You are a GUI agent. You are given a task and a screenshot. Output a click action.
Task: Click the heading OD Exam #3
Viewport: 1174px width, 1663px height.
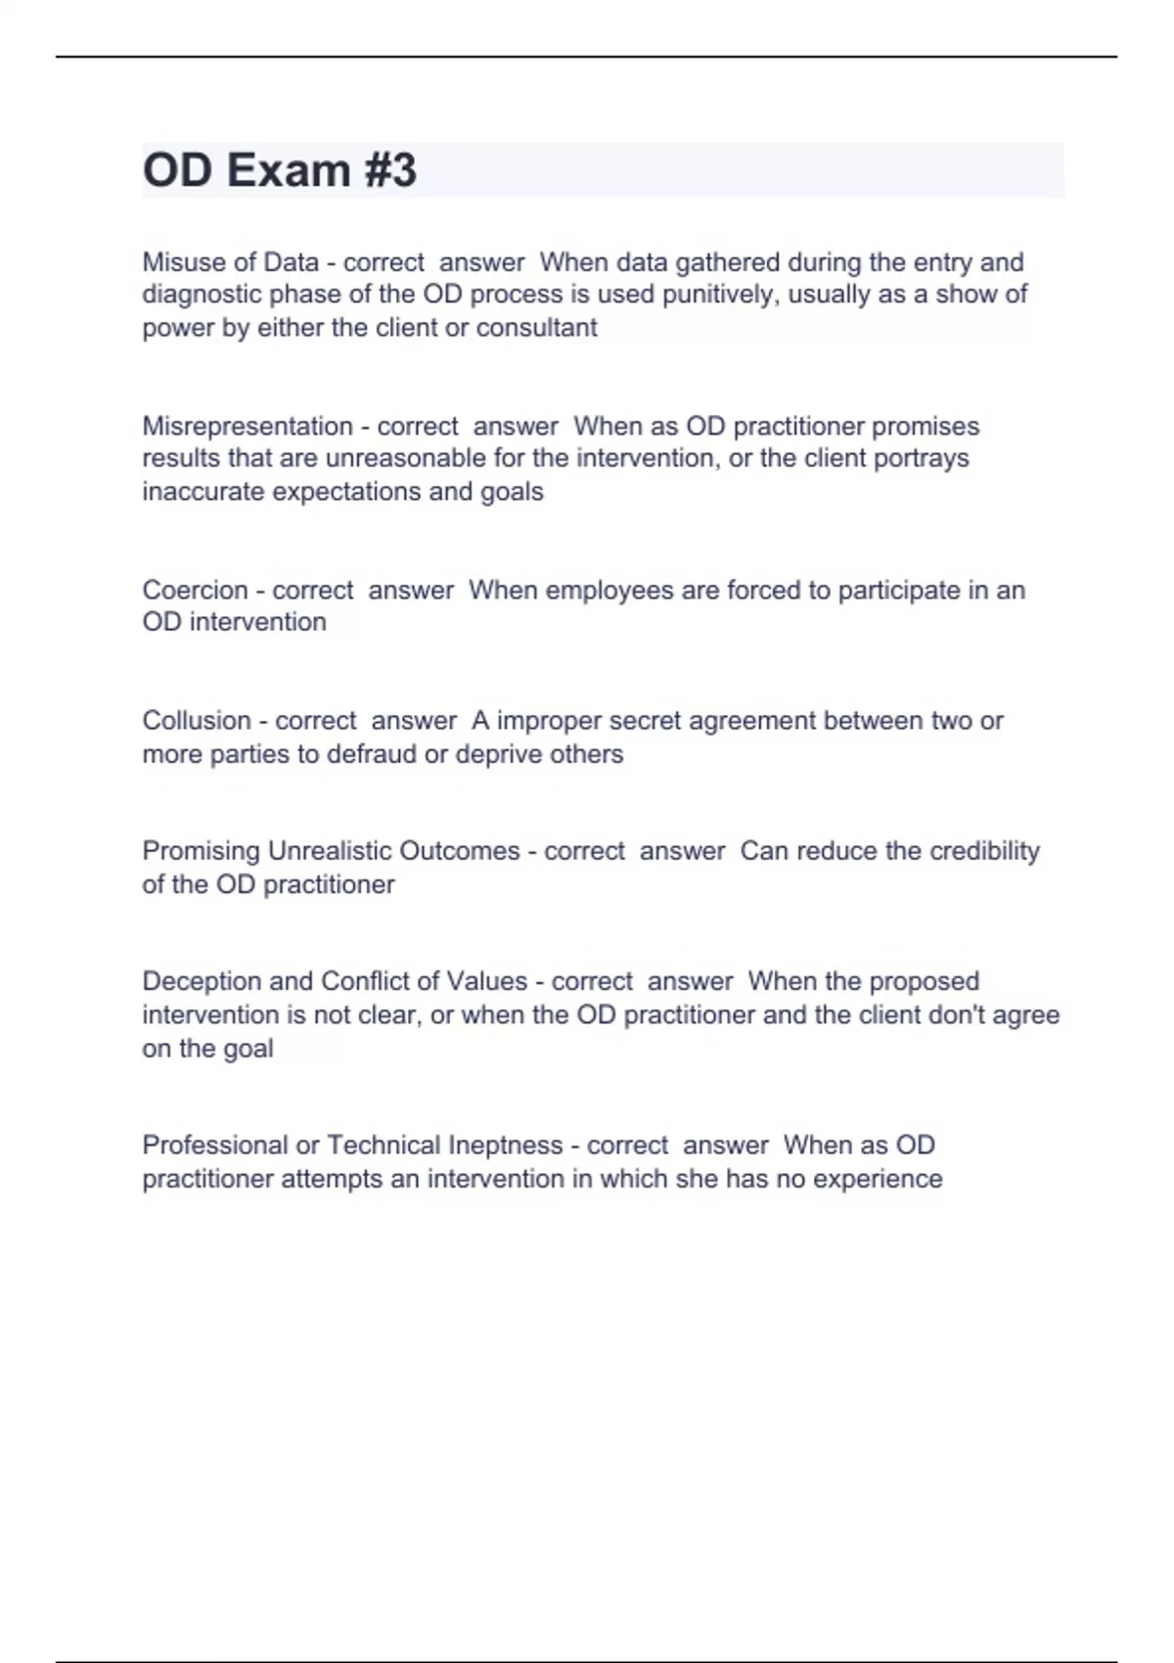pyautogui.click(x=280, y=170)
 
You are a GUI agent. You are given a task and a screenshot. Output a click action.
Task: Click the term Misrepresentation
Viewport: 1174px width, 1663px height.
pyautogui.click(x=248, y=427)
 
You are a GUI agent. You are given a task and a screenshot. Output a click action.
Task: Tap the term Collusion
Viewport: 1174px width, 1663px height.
pyautogui.click(x=197, y=721)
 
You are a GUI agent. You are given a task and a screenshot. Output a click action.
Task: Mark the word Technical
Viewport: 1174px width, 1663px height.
pyautogui.click(x=384, y=1145)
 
